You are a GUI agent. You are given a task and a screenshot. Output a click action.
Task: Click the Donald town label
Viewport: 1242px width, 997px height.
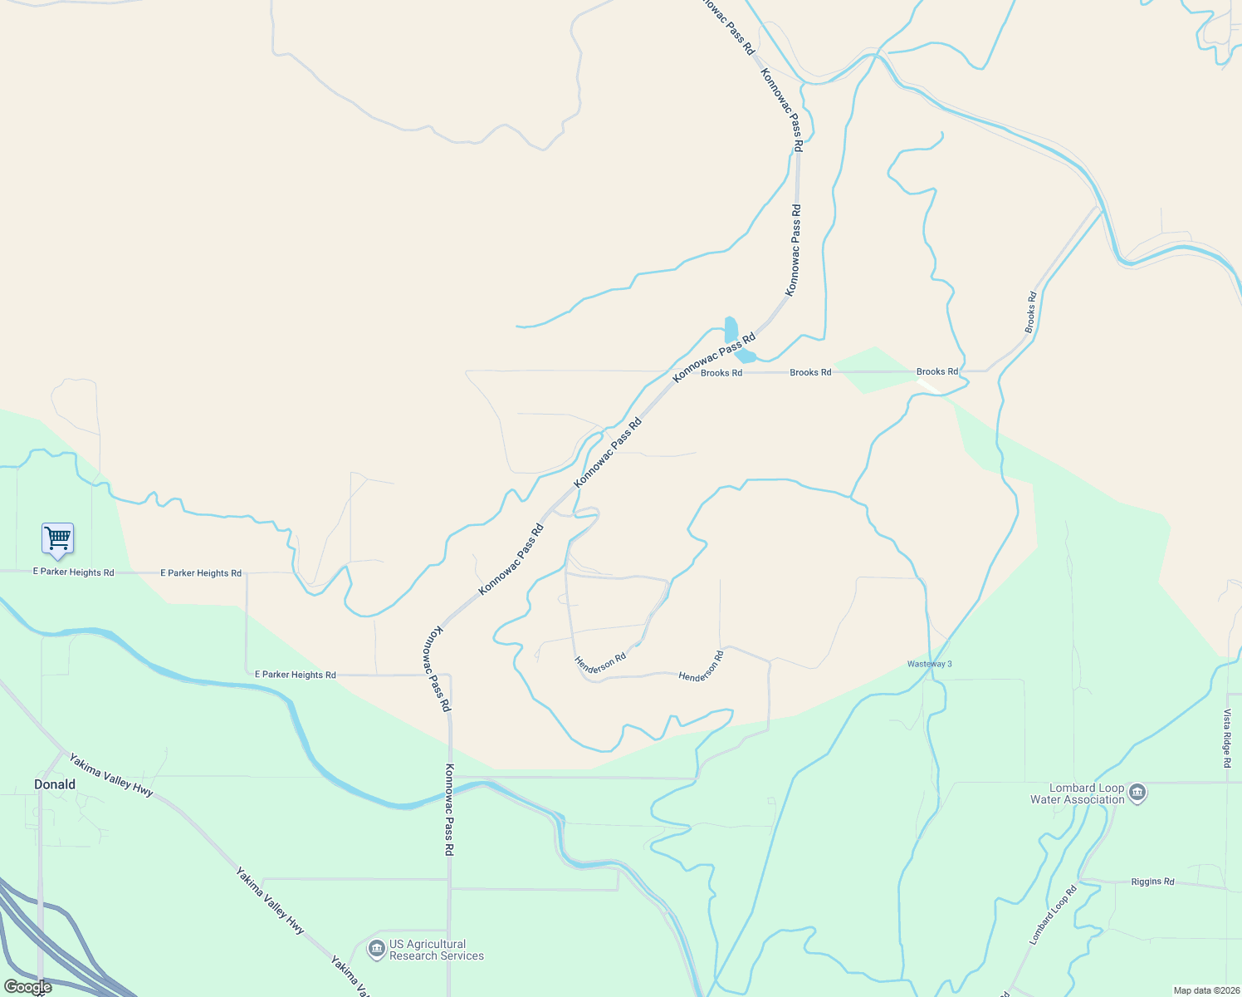point(55,784)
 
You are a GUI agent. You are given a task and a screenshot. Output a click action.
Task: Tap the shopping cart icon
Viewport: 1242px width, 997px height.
point(57,538)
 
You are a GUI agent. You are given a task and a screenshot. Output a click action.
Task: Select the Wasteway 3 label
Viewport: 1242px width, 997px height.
point(929,664)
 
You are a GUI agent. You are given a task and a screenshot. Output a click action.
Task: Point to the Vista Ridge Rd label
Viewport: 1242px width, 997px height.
point(1226,738)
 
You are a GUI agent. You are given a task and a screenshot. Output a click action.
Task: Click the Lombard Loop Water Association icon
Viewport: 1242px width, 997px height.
point(1137,792)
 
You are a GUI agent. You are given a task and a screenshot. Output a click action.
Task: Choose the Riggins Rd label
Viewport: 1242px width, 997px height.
point(1152,882)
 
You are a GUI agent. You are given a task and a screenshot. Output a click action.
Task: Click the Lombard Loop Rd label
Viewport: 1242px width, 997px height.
point(1053,915)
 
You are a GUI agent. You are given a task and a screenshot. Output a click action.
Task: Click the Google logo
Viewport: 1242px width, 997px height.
point(27,987)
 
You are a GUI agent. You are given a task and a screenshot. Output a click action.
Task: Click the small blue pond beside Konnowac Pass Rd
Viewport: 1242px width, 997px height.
point(731,329)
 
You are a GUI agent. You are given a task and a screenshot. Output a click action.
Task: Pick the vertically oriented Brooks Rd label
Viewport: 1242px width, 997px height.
point(1031,312)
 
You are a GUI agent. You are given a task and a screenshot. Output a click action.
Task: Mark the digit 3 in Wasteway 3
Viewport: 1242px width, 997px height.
point(949,664)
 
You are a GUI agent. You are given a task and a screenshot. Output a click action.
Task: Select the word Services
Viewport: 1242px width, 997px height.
point(462,956)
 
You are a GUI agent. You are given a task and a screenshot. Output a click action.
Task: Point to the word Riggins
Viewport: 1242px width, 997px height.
point(1146,882)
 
